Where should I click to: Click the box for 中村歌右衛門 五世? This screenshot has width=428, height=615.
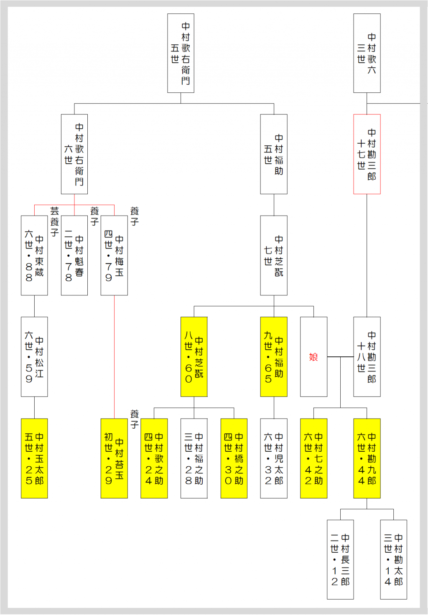[181, 53]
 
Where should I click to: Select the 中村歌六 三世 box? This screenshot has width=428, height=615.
[367, 53]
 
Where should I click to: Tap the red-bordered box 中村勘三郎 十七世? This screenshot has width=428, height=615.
[367, 154]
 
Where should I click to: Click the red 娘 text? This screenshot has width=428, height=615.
[313, 357]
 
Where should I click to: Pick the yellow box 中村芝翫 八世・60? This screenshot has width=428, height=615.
[194, 357]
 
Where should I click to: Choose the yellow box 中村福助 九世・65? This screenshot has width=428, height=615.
[274, 357]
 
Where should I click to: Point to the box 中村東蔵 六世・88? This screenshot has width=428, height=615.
[34, 255]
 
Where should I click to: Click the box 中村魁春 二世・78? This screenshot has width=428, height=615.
[74, 255]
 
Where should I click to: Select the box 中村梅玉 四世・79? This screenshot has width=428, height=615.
[114, 255]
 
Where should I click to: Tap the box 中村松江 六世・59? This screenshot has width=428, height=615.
[34, 357]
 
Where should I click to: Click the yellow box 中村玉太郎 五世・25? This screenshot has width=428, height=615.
[34, 458]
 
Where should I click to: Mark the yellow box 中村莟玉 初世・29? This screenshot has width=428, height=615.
[114, 458]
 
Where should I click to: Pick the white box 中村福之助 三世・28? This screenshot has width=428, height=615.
[194, 458]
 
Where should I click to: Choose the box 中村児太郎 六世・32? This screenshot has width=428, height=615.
[274, 458]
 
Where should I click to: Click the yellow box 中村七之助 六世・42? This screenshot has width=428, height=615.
[313, 458]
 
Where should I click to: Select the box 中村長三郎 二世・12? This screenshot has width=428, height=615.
[340, 559]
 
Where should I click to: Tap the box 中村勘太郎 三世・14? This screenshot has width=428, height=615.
[393, 559]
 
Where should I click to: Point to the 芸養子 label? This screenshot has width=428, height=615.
[55, 221]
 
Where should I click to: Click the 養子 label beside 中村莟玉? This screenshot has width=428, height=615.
[134, 419]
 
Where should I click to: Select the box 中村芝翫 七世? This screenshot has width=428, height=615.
[274, 255]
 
